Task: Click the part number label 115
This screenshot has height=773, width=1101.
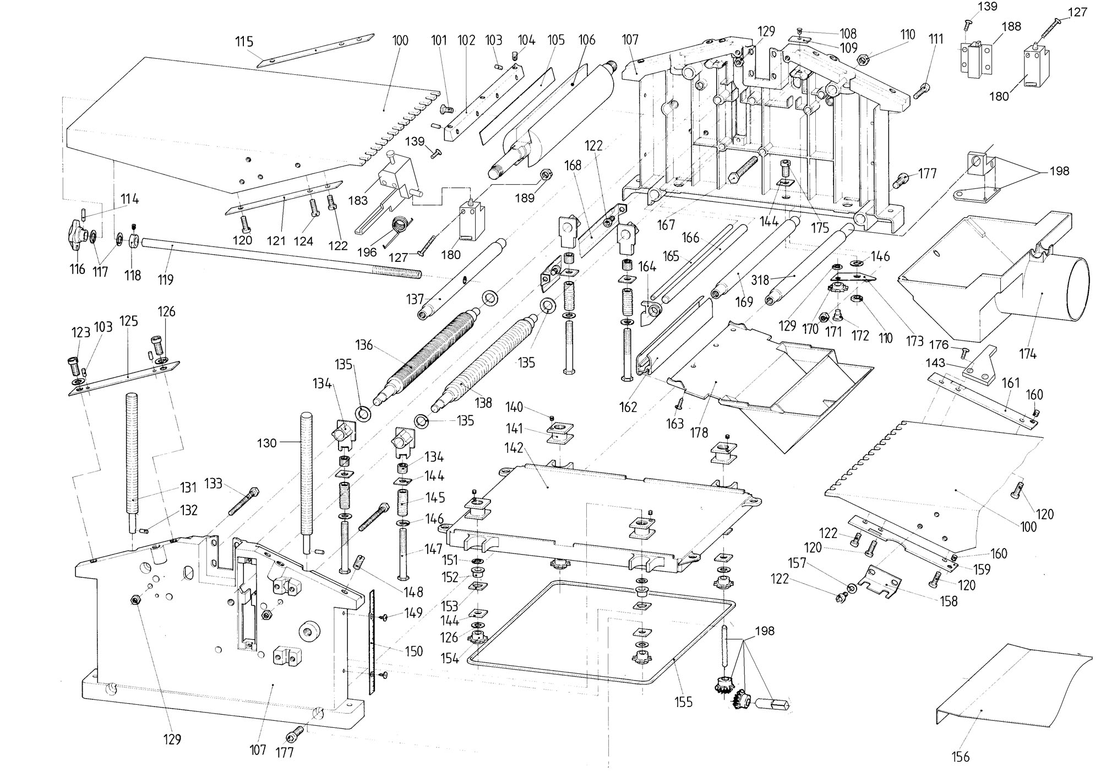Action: point(244,41)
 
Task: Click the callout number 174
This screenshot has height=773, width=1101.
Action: point(1027,354)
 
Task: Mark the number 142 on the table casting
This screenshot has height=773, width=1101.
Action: point(515,448)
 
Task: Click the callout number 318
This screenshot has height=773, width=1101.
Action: point(760,280)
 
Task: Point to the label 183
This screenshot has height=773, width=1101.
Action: point(358,200)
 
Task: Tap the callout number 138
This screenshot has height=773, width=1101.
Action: point(483,403)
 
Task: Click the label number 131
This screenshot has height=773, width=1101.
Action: point(188,487)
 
